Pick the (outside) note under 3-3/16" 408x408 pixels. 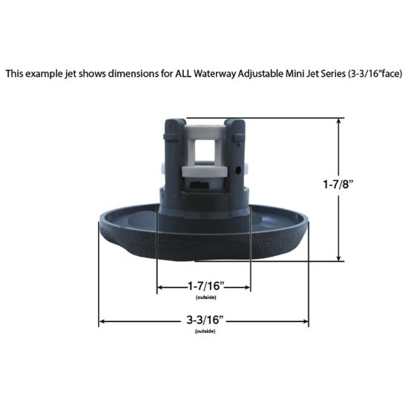pyautogui.click(x=205, y=331)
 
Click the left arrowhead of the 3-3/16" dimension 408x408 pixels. pyautogui.click(x=102, y=321)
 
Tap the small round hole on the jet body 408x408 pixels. pyautogui.click(x=236, y=169)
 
